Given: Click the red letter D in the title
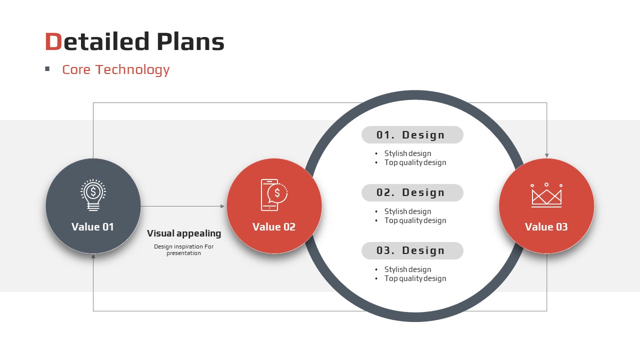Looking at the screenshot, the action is coord(53,41).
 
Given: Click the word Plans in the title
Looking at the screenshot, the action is coord(190,41).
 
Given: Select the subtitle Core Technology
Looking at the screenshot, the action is coord(115,69).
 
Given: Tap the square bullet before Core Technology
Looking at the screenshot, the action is coord(47,68).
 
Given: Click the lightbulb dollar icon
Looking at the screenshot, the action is coord(93,195).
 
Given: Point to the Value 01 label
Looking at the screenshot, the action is coord(92,227).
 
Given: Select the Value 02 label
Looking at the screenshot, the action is coord(274,227).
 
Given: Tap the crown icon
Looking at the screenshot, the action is coord(546,195).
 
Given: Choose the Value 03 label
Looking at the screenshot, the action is coord(546,227).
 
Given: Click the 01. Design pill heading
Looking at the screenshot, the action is coord(412,135).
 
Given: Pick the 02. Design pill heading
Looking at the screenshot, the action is coord(412,193).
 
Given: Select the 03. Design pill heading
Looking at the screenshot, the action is coord(412,251).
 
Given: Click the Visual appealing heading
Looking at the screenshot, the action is coord(184,233).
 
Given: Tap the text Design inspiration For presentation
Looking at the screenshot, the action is coord(183,249).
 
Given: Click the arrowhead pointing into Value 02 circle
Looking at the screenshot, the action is coord(222,206).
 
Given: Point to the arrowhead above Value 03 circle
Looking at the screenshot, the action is coord(547,155).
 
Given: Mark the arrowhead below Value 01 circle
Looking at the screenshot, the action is coord(93,256).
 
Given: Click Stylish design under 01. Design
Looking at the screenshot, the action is coord(407,153).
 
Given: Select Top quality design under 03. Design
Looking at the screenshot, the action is coord(415,278).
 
